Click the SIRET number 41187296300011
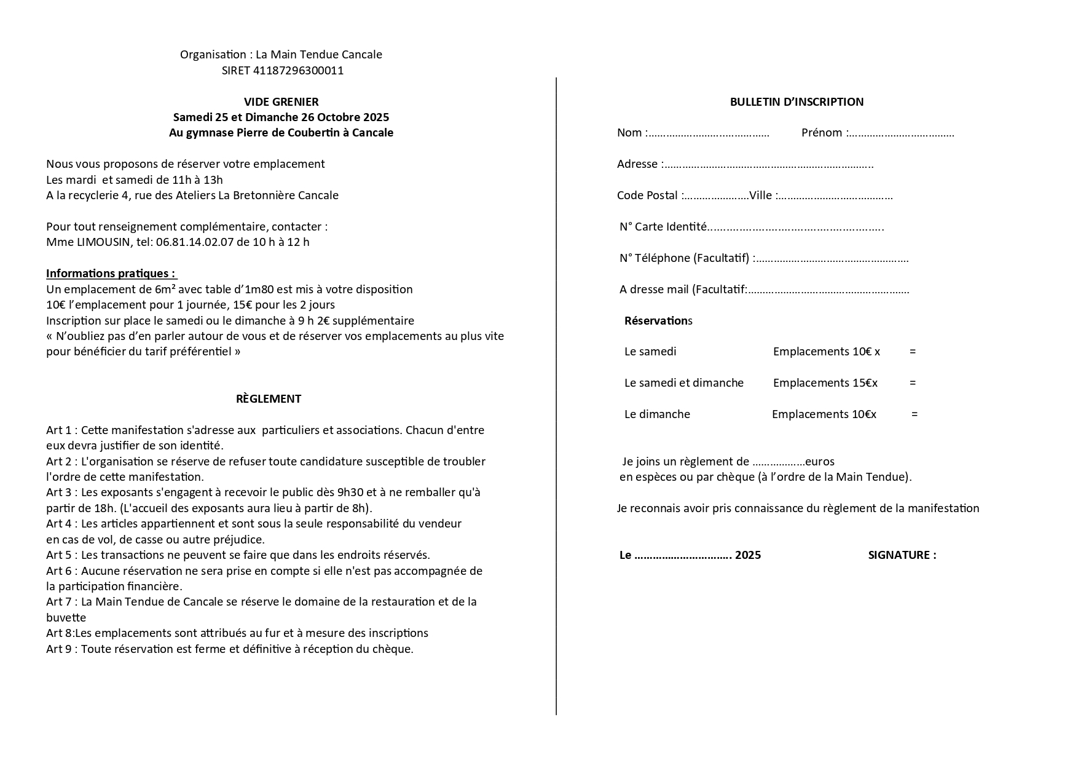pyautogui.click(x=298, y=71)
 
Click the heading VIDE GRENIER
pyautogui.click(x=281, y=102)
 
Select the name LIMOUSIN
pyautogui.click(x=103, y=242)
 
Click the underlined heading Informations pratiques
pyautogui.click(x=111, y=274)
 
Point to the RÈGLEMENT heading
pyautogui.click(x=269, y=399)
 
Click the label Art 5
pyautogui.click(x=58, y=555)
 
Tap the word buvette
pyautogui.click(x=66, y=618)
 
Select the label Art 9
pyautogui.click(x=58, y=649)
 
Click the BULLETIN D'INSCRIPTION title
pyautogui.click(x=797, y=102)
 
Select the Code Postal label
pyautogui.click(x=647, y=196)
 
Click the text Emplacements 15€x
pyautogui.click(x=825, y=383)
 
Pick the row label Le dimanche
pyautogui.click(x=657, y=414)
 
